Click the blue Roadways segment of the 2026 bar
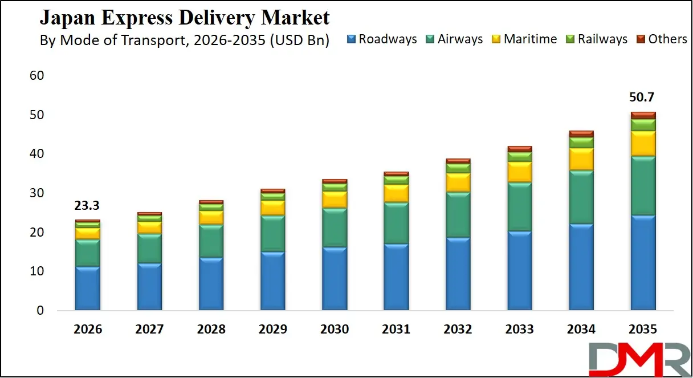coord(87,288)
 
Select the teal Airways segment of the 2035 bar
coord(642,186)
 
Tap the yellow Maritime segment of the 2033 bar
coord(519,172)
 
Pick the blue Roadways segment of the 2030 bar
coord(335,279)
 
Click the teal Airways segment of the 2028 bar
coord(211,241)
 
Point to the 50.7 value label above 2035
coord(642,97)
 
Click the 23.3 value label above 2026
coord(87,206)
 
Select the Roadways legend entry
coord(381,39)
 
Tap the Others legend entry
coord(661,39)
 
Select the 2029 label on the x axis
coord(272,330)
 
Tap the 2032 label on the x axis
coord(458,330)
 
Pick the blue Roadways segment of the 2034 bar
coord(581,267)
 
